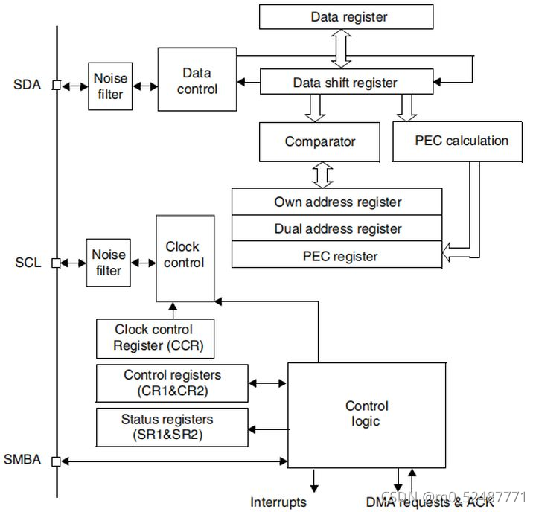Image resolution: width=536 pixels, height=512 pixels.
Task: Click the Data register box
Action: [345, 17]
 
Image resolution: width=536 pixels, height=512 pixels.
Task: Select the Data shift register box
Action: [345, 83]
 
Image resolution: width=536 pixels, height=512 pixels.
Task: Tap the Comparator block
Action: [320, 141]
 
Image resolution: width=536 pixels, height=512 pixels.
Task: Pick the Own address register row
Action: [337, 202]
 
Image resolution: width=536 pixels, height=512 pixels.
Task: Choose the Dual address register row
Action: [337, 228]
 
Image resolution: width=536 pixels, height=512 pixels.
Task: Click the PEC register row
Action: [337, 256]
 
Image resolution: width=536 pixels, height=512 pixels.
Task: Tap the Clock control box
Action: [184, 257]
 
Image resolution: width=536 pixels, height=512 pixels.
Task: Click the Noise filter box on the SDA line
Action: [110, 86]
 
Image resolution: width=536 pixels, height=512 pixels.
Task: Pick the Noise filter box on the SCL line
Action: [109, 263]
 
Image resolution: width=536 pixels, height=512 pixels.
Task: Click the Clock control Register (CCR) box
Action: [155, 338]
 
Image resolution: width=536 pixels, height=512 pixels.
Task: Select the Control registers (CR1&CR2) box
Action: [172, 383]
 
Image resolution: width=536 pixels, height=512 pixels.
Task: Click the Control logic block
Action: [366, 415]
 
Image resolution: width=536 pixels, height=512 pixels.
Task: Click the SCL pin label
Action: [27, 263]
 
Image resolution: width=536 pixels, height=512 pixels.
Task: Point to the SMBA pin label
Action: [25, 461]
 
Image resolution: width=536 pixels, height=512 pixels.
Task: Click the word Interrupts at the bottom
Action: [278, 502]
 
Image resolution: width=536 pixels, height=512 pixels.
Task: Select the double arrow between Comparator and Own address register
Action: [322, 176]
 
